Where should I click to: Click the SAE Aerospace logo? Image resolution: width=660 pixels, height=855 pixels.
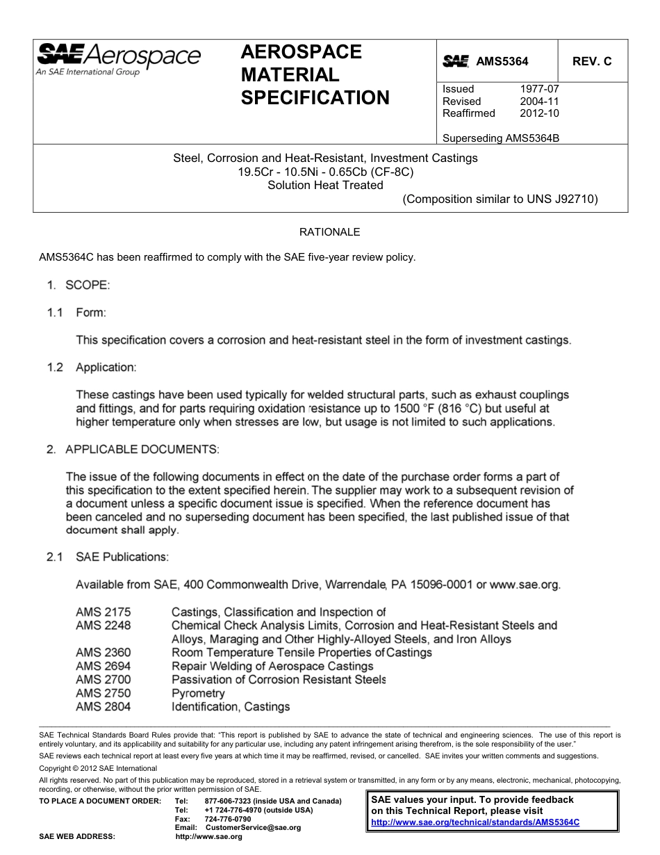pyautogui.click(x=118, y=58)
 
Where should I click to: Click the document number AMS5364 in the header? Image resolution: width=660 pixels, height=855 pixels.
pyautogui.click(x=502, y=61)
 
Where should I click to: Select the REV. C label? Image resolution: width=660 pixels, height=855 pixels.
pyautogui.click(x=592, y=61)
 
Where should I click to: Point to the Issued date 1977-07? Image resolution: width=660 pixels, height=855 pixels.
pyautogui.click(x=539, y=89)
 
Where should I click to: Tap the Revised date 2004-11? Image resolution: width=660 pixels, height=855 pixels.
pyautogui.click(x=539, y=101)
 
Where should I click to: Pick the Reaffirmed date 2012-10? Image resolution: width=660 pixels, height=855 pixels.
pyautogui.click(x=539, y=113)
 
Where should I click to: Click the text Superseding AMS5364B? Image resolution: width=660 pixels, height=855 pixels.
pyautogui.click(x=501, y=138)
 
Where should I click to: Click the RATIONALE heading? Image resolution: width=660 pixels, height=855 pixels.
pyautogui.click(x=329, y=231)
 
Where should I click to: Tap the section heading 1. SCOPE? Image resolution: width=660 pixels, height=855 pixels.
pyautogui.click(x=79, y=285)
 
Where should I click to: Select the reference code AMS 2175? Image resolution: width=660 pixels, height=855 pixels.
pyautogui.click(x=103, y=612)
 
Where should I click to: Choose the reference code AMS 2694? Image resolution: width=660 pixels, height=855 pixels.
pyautogui.click(x=103, y=666)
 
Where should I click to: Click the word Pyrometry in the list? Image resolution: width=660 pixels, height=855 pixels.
pyautogui.click(x=198, y=693)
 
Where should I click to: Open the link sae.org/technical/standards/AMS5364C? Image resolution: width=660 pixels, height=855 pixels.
pyautogui.click(x=475, y=822)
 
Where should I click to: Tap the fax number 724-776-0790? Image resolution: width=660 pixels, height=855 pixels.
pyautogui.click(x=228, y=819)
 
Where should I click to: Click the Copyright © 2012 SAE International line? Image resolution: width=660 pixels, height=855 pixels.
pyautogui.click(x=98, y=768)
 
